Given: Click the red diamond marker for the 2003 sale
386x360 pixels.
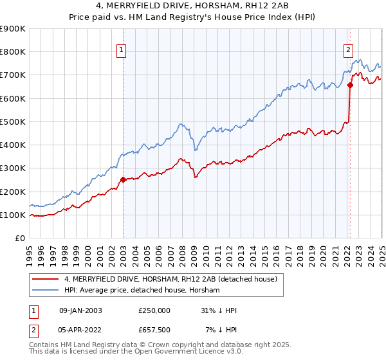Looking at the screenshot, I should pos(123,180).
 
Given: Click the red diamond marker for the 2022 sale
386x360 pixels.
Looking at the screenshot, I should pos(351,85).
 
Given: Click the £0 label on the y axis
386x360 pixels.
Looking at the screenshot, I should pos(19,239).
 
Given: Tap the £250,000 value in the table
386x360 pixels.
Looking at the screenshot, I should pos(154,310).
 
